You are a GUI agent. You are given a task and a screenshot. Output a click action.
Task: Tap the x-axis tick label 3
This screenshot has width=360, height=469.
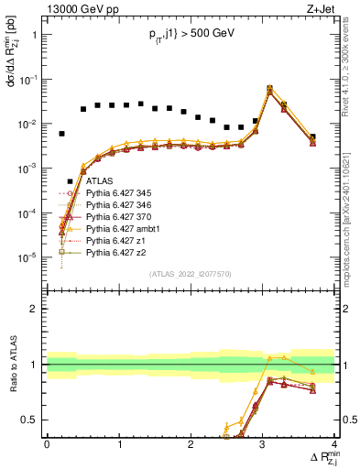click(262, 444)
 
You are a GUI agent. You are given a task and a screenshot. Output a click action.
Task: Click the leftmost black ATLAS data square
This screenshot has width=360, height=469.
click(61, 134)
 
